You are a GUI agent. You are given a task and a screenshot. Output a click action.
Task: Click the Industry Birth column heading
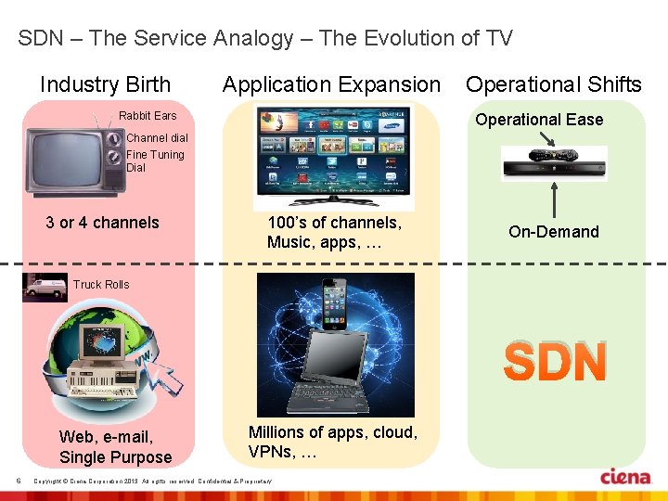point(105,85)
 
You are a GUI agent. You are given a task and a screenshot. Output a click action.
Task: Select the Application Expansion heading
point(331,85)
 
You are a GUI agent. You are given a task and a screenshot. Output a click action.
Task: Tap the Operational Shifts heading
point(553,85)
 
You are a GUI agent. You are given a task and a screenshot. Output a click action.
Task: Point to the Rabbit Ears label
point(147,116)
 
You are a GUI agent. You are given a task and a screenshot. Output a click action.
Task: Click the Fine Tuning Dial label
point(155,161)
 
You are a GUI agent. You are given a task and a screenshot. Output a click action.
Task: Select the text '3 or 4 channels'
point(102,223)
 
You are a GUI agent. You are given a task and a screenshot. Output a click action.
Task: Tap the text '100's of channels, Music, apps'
point(334,232)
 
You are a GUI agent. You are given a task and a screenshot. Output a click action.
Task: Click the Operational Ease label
point(539,120)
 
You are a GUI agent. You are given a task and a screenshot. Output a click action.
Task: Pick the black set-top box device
point(554,164)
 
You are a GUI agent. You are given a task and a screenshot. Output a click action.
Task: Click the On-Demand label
point(554,232)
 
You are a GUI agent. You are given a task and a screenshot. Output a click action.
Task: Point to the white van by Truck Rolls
point(45,288)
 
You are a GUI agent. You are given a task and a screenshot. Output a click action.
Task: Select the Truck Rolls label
point(101,285)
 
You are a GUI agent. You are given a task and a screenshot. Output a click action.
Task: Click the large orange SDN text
point(555,362)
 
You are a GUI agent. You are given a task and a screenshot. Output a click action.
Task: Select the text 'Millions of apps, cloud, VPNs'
point(332,442)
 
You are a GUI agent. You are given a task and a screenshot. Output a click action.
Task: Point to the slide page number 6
point(19,480)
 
